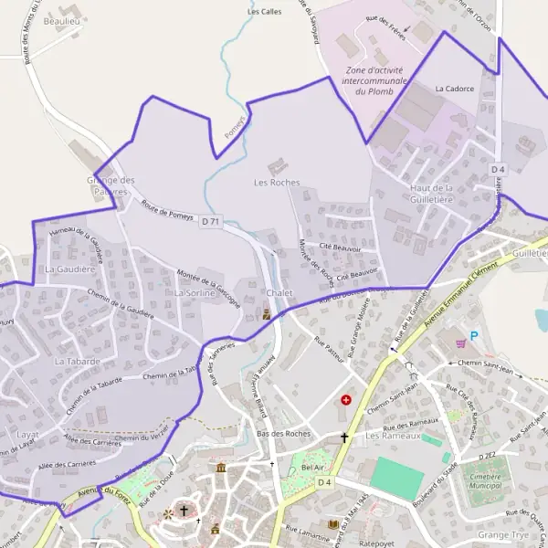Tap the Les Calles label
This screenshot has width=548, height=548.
[265, 12]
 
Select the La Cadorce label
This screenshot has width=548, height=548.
[454, 89]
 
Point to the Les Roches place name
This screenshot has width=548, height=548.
[277, 183]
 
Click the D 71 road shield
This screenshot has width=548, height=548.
[212, 221]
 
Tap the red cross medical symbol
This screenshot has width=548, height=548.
[347, 399]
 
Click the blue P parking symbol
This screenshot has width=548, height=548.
[473, 335]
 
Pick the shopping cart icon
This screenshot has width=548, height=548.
[460, 343]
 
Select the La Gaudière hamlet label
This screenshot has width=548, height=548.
[69, 269]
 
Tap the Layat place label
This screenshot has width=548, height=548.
[28, 433]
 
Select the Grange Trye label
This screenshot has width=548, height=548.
[503, 533]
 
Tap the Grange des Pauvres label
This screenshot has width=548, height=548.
[109, 185]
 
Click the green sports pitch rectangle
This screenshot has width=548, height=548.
[398, 478]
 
